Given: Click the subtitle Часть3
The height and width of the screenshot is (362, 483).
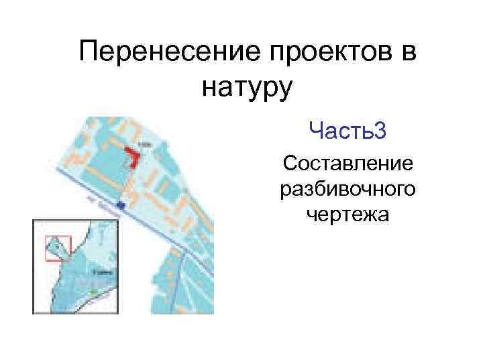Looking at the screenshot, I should point(347,131).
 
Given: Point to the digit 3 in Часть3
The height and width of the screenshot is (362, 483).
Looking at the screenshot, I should point(380,131).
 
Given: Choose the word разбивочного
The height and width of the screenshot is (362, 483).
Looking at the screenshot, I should point(348,190).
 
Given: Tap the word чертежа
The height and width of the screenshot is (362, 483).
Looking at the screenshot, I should point(348,215).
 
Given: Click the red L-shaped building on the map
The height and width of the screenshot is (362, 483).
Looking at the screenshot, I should point(133,158).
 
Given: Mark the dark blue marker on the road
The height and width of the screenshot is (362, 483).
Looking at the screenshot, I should point(120,204).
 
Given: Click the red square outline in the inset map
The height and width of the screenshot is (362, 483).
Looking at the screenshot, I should point(58,248).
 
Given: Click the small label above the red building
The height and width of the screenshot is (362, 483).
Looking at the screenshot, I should point(143,144).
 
